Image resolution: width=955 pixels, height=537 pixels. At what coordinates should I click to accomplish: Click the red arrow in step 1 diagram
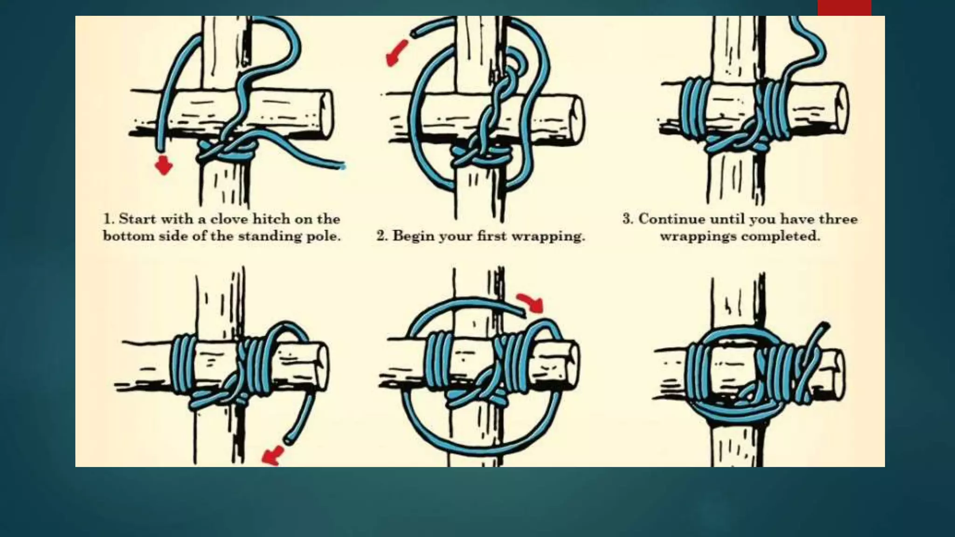point(164,165)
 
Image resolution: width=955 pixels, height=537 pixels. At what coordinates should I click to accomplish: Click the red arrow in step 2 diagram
point(396,53)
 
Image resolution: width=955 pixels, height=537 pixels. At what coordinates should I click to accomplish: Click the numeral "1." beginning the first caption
point(109,219)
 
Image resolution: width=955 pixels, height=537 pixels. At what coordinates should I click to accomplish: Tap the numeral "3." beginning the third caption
point(628,219)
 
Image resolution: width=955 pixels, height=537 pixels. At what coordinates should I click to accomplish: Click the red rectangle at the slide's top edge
point(844,8)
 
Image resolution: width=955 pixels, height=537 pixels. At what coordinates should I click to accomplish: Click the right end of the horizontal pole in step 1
point(326,115)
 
